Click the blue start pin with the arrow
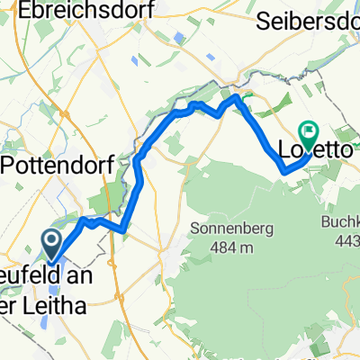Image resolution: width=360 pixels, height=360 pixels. [50, 241]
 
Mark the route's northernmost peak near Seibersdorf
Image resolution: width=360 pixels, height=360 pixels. [237, 95]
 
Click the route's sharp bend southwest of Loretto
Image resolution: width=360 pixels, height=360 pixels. [283, 170]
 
